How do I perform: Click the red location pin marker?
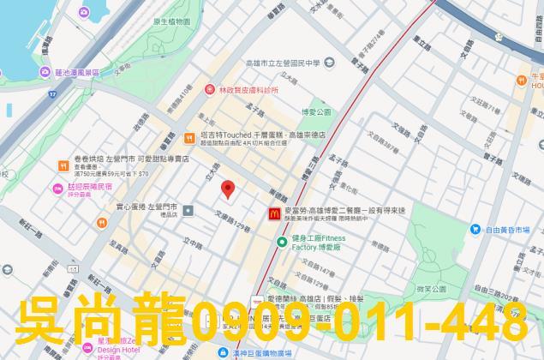[x=227, y=189]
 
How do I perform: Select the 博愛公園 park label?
[x=316, y=111]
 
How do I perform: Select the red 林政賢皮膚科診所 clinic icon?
[x=208, y=88]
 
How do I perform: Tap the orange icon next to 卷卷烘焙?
[x=63, y=165]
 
